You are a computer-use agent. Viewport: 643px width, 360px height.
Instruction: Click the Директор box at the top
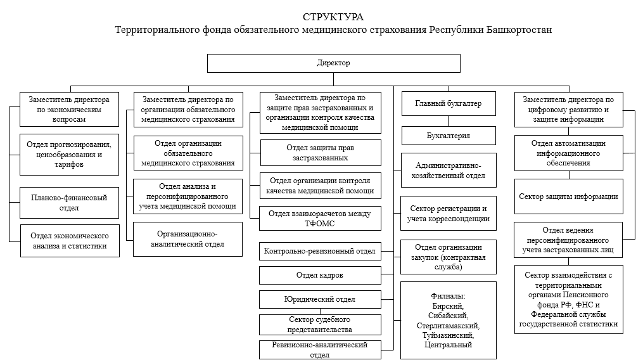[333, 63]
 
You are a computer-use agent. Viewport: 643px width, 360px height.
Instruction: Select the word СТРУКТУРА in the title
[333, 17]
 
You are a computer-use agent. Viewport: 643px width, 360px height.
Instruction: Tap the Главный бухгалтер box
[449, 103]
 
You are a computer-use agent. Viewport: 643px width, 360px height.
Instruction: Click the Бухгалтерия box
[449, 136]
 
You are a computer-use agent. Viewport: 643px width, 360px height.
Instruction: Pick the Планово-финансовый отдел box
[69, 203]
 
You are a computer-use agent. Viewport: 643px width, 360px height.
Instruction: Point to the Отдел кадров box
[320, 275]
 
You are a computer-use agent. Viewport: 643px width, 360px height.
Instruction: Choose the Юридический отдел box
[320, 299]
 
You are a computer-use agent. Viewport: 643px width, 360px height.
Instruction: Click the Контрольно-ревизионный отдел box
[320, 251]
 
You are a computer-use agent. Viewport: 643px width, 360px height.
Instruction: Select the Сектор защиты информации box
[568, 196]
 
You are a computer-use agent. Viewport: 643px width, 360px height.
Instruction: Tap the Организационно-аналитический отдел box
[188, 240]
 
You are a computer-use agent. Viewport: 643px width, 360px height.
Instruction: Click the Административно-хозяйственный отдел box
[449, 170]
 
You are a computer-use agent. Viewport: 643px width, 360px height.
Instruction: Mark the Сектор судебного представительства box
[320, 325]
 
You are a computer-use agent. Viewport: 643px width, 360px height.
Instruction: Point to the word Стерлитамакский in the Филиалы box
[449, 326]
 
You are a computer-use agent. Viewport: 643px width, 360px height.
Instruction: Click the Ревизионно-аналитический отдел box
[320, 350]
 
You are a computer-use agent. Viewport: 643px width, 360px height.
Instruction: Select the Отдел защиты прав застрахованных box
[321, 153]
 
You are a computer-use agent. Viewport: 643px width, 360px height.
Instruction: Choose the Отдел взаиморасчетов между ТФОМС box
[320, 219]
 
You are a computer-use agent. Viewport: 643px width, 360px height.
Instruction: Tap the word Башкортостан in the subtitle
[519, 30]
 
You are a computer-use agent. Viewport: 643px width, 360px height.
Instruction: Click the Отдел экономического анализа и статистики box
[70, 241]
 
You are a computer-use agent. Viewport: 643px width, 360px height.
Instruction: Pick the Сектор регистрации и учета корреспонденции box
[449, 214]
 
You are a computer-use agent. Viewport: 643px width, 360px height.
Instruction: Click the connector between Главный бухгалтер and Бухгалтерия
[449, 121]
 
